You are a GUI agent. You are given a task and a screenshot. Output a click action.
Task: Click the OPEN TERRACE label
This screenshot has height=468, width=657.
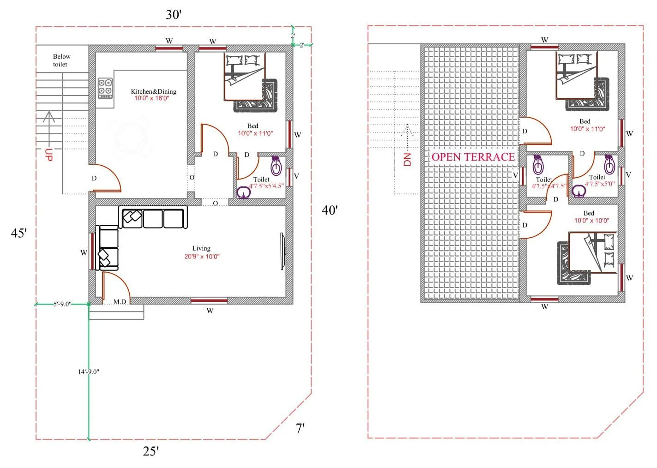pos(473,157)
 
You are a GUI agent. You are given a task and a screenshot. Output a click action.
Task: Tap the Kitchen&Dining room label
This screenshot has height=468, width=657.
pos(153,91)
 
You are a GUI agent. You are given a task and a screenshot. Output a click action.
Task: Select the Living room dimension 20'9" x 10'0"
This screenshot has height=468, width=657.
pos(202,257)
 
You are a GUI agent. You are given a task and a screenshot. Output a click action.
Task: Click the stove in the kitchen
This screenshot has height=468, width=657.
pos(105,88)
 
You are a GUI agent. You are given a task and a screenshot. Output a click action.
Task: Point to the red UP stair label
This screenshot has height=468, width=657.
pos(49,155)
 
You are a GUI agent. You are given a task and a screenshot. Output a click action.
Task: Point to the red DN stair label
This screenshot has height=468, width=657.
pos(407,160)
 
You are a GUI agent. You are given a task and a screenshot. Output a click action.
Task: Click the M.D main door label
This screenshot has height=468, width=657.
pos(120,302)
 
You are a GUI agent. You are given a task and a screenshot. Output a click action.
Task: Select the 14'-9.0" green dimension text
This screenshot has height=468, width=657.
pos(88,372)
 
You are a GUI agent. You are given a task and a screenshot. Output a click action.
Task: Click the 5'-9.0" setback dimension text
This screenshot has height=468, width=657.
pos(62,304)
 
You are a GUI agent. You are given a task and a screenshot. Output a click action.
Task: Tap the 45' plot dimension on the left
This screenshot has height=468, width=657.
pos(19,233)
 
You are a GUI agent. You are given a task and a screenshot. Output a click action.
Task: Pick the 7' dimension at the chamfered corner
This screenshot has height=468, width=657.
pos(300,428)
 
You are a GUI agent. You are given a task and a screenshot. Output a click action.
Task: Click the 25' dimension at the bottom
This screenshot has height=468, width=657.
pos(151,451)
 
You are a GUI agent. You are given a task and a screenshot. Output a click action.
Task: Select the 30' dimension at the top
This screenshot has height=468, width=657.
pos(174,15)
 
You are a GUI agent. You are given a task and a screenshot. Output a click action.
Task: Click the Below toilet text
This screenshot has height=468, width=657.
pos(61,60)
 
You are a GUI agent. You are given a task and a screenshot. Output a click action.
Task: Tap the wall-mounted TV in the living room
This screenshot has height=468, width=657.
pos(283,251)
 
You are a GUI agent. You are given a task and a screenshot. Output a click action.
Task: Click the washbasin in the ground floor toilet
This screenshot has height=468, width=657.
pos(243,192)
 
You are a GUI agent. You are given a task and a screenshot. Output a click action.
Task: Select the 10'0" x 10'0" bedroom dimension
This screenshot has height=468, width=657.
pos(591,221)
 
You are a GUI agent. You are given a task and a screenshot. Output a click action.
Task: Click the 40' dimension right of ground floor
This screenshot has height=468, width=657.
pos(330,210)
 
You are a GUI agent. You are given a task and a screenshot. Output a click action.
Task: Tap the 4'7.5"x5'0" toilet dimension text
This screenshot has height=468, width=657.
pos(600,184)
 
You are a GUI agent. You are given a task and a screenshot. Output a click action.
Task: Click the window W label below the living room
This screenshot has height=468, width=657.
pos(210,311)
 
